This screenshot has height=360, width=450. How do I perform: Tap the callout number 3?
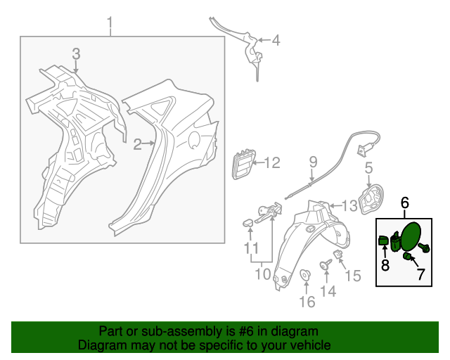point(77,54)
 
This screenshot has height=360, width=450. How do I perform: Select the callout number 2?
point(138,145)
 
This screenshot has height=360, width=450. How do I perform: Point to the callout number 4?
point(276,41)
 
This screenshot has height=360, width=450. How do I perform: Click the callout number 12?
point(271,164)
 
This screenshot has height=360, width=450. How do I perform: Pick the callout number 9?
point(314,164)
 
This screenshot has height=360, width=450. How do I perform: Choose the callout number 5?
point(368,168)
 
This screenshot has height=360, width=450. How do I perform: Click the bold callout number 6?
point(405,203)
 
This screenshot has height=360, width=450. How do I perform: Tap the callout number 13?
point(349,205)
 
